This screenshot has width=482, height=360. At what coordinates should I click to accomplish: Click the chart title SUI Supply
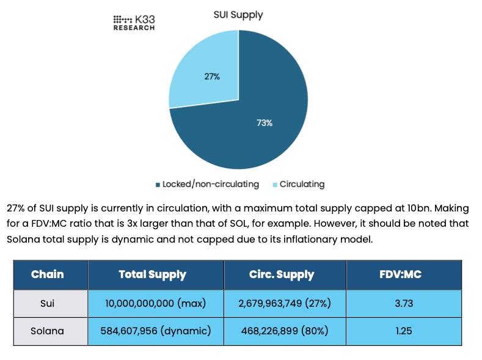pyautogui.click(x=238, y=15)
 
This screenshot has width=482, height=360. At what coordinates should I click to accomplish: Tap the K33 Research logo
pyautogui.click(x=134, y=23)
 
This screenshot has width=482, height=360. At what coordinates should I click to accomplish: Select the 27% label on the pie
pyautogui.click(x=212, y=76)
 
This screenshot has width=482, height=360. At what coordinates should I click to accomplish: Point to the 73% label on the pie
pyautogui.click(x=264, y=123)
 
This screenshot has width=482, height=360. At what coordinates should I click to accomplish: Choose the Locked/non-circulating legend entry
pyautogui.click(x=207, y=184)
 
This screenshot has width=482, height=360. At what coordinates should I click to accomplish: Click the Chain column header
pyautogui.click(x=48, y=274)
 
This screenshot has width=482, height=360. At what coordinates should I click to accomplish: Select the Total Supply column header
pyautogui.click(x=152, y=274)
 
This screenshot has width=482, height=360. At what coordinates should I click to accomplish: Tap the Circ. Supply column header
pyautogui.click(x=281, y=274)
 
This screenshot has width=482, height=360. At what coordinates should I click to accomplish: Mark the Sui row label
pyautogui.click(x=48, y=303)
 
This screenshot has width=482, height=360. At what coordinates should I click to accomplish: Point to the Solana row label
pyautogui.click(x=48, y=331)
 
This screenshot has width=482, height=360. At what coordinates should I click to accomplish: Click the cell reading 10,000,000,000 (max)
pyautogui.click(x=155, y=303)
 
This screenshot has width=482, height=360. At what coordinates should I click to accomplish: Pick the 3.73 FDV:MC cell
pyautogui.click(x=403, y=303)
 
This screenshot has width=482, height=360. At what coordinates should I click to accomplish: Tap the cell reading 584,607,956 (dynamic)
pyautogui.click(x=155, y=331)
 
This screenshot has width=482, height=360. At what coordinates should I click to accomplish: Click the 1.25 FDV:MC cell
pyautogui.click(x=403, y=331)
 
